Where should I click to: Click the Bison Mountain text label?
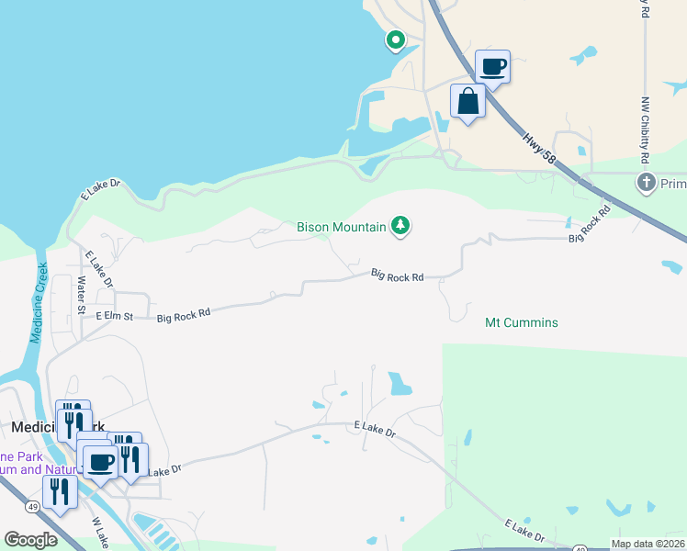coord(341,227)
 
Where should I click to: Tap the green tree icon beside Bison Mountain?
coord(400,225)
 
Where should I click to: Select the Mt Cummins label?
coord(521,323)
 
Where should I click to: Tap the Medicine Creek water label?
coord(39,303)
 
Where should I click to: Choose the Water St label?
coord(81,296)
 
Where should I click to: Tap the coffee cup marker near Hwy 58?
coord(492,67)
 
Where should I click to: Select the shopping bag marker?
coord(467,101)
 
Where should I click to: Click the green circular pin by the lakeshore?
coord(395,39)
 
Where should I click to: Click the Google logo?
coord(30,540)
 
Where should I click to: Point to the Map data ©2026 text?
coord(648,544)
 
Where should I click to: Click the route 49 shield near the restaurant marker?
coord(32,506)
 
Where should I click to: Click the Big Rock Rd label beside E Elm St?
coord(184,314)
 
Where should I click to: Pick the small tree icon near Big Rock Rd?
coord(569,222)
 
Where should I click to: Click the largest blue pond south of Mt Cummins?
coord(400,383)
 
